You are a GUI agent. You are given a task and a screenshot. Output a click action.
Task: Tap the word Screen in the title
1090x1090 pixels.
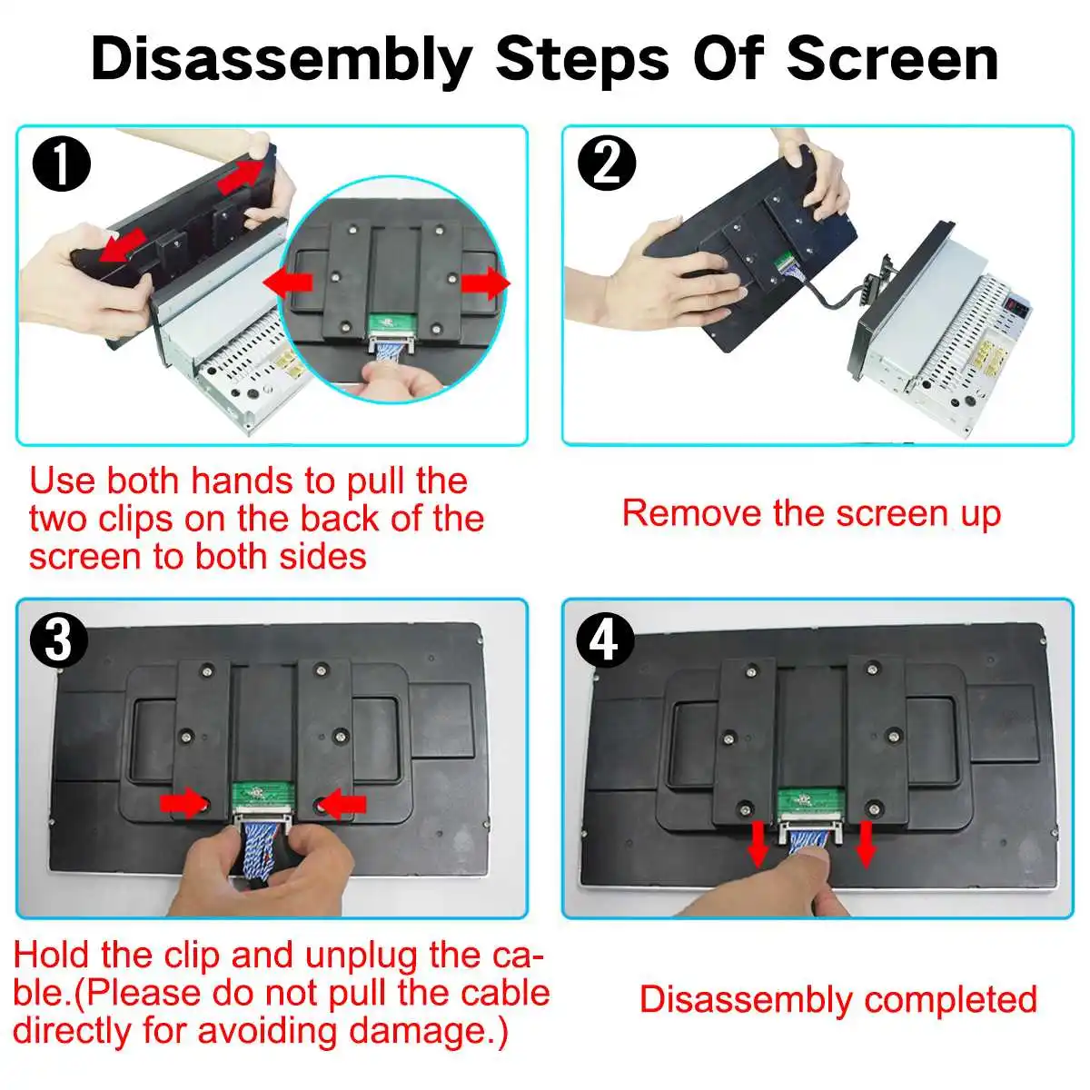pyautogui.click(x=893, y=58)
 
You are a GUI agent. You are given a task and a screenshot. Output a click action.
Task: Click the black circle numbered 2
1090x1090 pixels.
pyautogui.click(x=607, y=163)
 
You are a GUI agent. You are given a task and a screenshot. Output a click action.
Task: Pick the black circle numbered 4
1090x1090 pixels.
pyautogui.click(x=605, y=641)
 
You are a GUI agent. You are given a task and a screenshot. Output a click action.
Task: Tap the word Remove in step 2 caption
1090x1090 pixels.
pyautogui.click(x=692, y=513)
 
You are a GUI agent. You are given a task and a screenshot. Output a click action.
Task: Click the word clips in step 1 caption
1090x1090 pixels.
pyautogui.click(x=135, y=519)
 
